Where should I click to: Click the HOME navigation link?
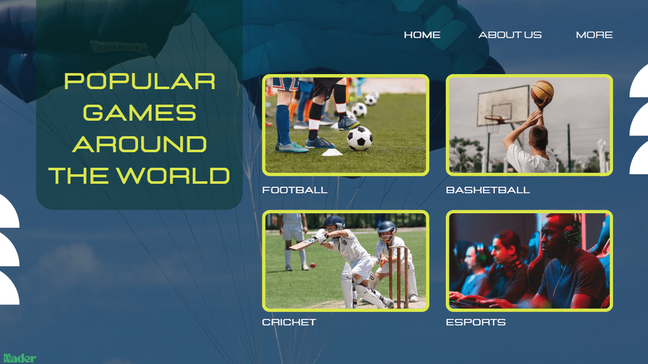tap(422, 35)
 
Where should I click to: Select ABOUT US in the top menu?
tap(510, 35)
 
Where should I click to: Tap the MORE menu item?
tap(594, 35)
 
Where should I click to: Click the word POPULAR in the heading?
tap(140, 81)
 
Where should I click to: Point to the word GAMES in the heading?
tap(140, 113)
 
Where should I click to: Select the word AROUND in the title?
tap(140, 144)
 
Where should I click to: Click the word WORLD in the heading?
tap(173, 175)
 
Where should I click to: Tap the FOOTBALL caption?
tap(295, 190)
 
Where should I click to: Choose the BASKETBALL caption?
tap(488, 190)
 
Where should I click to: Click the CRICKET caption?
tap(289, 322)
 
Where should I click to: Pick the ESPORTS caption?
tap(476, 322)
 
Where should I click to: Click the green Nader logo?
tap(20, 358)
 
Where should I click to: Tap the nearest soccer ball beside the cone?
tap(359, 138)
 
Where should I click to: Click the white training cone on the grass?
tap(332, 153)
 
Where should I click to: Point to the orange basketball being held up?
tap(542, 91)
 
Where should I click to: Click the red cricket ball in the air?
tap(313, 265)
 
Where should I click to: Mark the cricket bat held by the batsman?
tap(303, 244)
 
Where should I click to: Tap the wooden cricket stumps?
tap(399, 277)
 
